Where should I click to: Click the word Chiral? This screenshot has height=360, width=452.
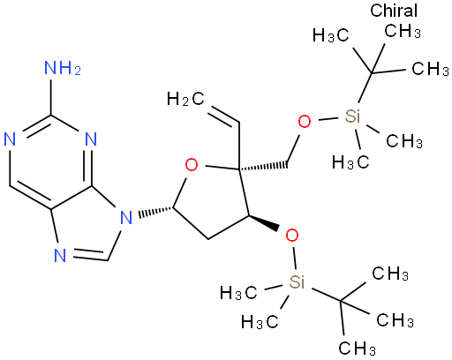[394, 11]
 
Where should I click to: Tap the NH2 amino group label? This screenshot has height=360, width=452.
[63, 68]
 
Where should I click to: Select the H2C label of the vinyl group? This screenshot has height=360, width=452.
[185, 99]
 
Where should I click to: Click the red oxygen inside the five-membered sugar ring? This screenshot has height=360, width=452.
[192, 165]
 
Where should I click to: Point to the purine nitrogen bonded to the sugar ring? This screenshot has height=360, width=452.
[126, 218]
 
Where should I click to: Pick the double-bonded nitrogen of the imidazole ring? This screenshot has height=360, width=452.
[60, 255]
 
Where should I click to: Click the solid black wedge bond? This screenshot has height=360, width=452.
[264, 223]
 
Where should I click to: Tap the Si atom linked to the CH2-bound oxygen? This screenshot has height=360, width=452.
[352, 116]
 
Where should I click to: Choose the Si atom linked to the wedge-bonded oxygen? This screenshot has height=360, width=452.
[297, 282]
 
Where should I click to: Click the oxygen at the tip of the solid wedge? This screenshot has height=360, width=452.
[292, 236]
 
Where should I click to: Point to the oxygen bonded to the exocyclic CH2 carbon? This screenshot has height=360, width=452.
[305, 121]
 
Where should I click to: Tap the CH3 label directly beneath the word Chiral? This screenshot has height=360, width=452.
[403, 31]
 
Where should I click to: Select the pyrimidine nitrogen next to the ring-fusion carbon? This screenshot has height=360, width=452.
[91, 139]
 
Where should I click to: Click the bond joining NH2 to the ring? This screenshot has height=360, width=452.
[50, 97]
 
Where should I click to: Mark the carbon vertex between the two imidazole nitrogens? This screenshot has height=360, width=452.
[108, 260]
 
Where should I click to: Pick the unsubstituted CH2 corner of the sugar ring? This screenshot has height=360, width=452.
[208, 239]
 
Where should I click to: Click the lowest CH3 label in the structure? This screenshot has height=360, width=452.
[357, 349]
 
